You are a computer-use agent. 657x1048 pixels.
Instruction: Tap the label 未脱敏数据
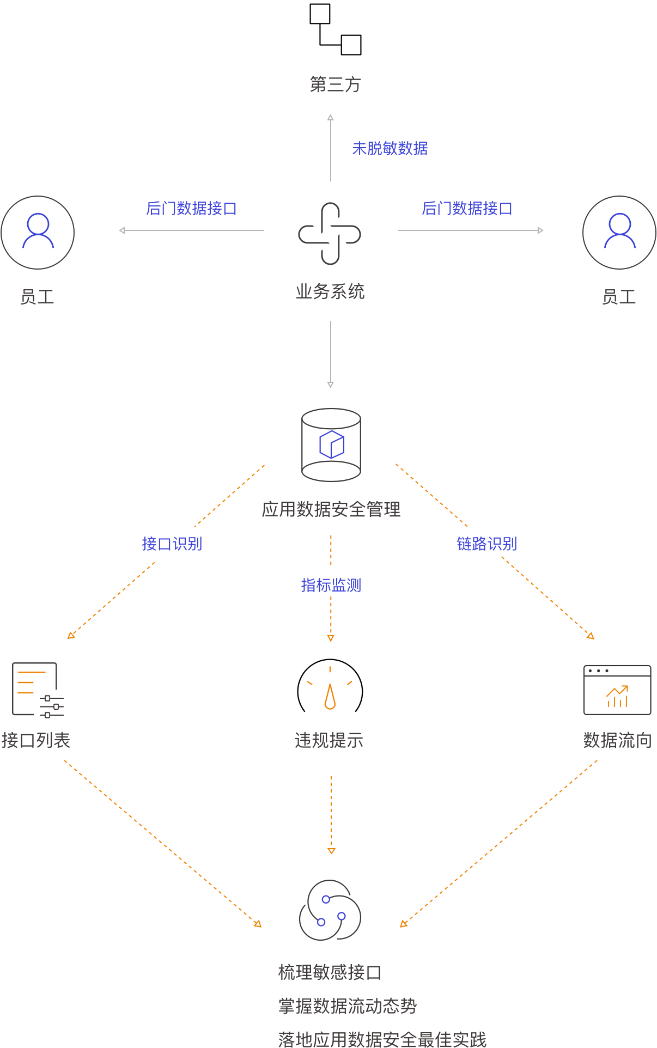pos(390,148)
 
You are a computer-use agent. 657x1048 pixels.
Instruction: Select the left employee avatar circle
pos(38,233)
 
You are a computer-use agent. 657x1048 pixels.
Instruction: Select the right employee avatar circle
pos(619,233)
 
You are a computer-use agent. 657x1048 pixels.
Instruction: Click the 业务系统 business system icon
pos(330,234)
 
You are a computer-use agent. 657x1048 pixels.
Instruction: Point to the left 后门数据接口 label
pos(191,208)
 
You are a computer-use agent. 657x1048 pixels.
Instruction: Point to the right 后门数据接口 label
pos(467,208)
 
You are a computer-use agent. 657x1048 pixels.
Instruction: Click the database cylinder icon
pos(331,445)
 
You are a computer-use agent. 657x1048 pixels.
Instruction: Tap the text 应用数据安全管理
pos(331,509)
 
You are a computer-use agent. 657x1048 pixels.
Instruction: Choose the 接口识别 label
pos(172,544)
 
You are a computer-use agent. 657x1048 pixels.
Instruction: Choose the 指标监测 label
pos(331,585)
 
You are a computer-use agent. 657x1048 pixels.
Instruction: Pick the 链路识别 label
pos(486,544)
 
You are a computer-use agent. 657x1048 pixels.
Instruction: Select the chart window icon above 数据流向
pos(617,690)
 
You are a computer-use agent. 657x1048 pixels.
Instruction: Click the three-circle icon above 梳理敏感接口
pos(330,910)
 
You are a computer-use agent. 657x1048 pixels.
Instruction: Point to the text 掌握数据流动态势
pos(347,1006)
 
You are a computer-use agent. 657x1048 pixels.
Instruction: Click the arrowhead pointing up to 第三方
pos(330,117)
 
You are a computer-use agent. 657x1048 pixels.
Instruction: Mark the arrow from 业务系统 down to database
pos(330,354)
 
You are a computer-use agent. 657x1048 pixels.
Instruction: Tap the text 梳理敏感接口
pos(330,972)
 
